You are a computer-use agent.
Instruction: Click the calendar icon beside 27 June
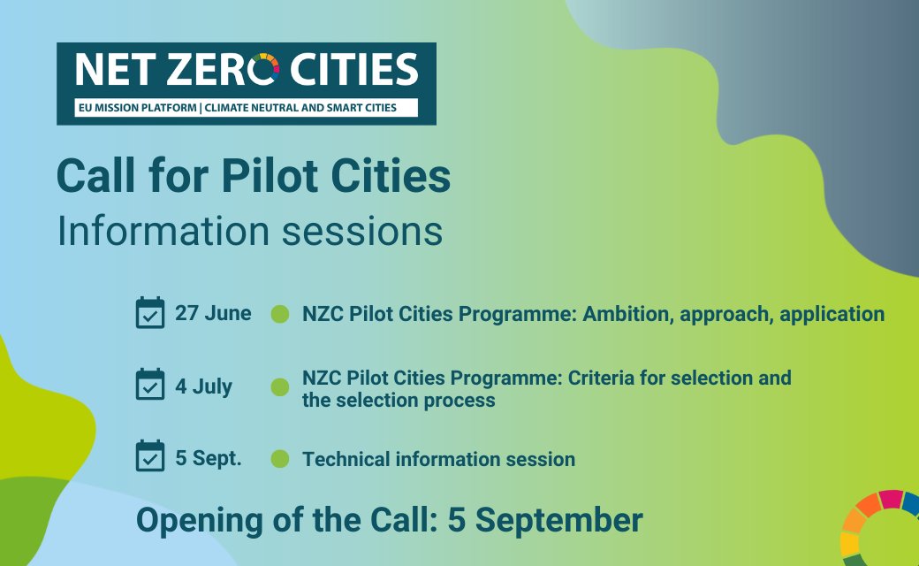pyautogui.click(x=150, y=313)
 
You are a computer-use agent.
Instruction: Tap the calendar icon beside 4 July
pyautogui.click(x=150, y=386)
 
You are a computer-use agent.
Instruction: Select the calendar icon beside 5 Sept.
pyautogui.click(x=150, y=457)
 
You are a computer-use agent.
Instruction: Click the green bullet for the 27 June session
pyautogui.click(x=280, y=314)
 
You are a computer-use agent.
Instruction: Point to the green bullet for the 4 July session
pyautogui.click(x=280, y=386)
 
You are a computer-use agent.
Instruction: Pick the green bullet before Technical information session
pyautogui.click(x=280, y=459)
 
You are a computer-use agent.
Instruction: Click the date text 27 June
pyautogui.click(x=213, y=314)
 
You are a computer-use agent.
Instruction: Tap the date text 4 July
pyautogui.click(x=203, y=386)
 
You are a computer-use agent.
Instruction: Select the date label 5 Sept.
pyautogui.click(x=209, y=459)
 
